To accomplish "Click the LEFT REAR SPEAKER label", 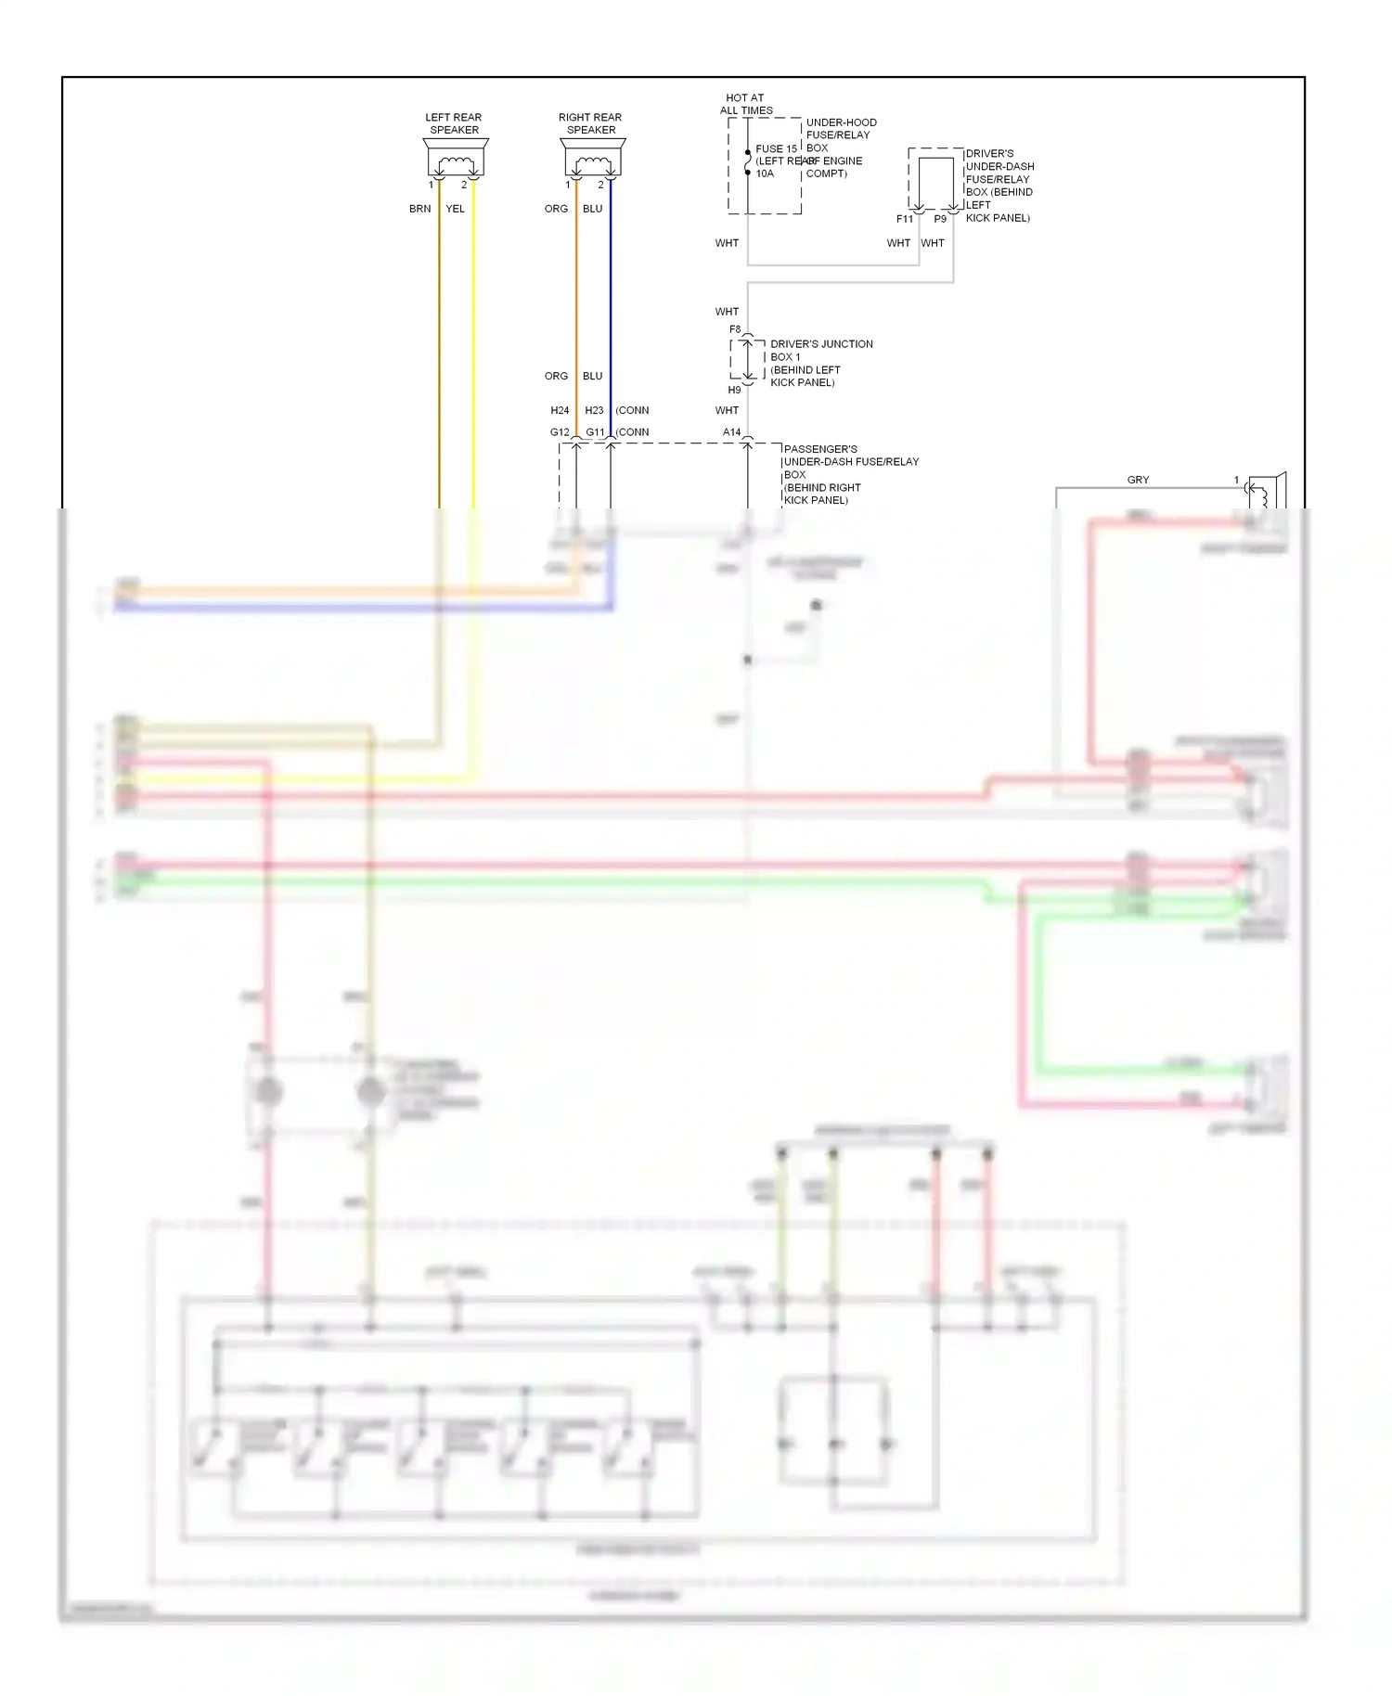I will (454, 123).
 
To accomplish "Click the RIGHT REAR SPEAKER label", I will (590, 123).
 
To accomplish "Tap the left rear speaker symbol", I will (456, 159).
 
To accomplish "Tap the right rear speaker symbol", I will (593, 159).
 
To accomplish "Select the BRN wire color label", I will (419, 209).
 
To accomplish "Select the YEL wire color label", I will (455, 209).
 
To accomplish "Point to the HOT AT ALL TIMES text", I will (746, 104).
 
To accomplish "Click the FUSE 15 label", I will (776, 148).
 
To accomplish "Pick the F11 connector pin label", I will (904, 219).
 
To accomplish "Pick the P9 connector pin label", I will (940, 219).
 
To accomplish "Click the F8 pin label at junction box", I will (735, 329).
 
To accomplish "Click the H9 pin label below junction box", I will (734, 390).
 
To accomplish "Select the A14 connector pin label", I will (731, 432).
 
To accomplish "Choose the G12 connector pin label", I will (560, 432).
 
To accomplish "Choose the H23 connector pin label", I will (594, 410).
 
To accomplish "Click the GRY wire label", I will (1138, 480).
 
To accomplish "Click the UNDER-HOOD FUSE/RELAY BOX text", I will (840, 135).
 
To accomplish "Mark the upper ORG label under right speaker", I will (556, 209).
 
